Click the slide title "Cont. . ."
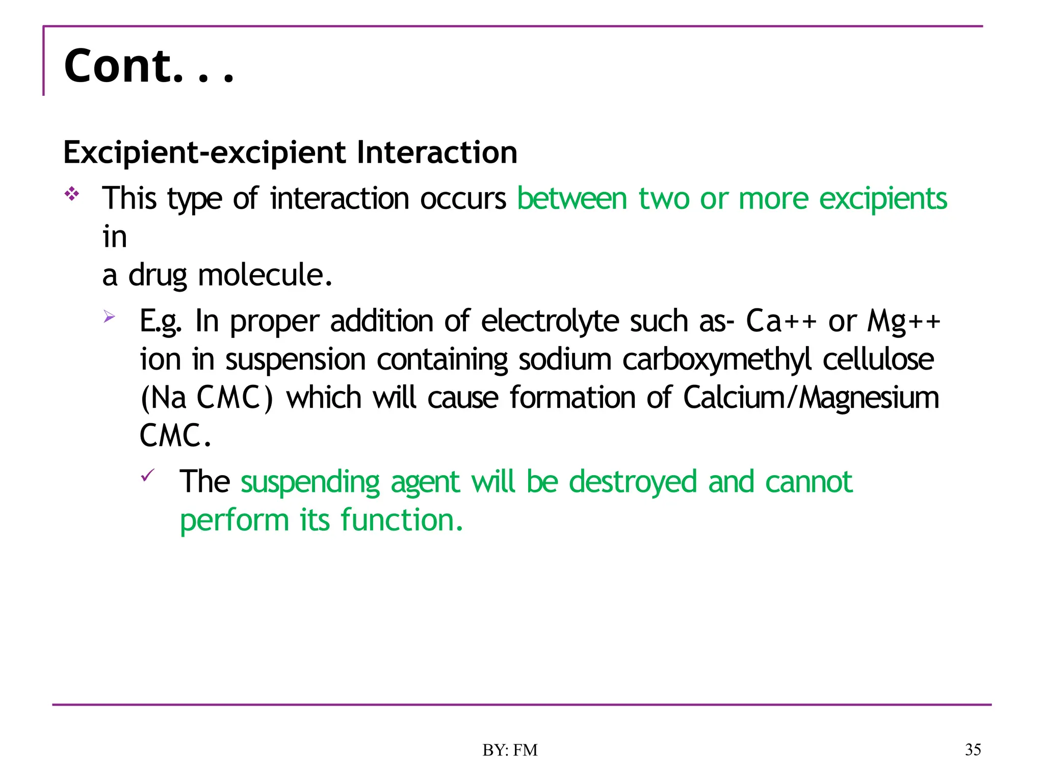click(x=149, y=66)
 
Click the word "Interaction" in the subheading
click(x=437, y=152)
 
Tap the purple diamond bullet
click(x=72, y=194)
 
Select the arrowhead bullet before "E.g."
click(x=109, y=317)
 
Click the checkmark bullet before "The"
click(x=147, y=476)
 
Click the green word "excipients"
click(x=883, y=198)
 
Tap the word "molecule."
click(x=265, y=275)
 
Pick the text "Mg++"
click(x=904, y=321)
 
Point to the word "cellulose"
click(x=878, y=359)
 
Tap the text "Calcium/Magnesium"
click(x=811, y=398)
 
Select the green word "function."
click(x=402, y=520)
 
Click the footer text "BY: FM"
click(x=510, y=750)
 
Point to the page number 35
click(x=973, y=749)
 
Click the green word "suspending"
click(x=310, y=482)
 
